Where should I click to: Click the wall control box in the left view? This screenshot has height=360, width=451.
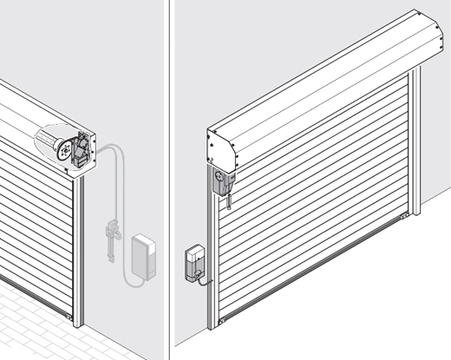143,257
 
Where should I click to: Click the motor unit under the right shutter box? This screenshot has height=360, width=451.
224,181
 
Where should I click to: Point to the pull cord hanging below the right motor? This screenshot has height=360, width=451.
229,201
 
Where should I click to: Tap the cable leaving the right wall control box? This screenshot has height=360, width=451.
203,279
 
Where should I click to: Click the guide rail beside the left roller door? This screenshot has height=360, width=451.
79,252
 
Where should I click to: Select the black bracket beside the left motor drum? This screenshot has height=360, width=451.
82,147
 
